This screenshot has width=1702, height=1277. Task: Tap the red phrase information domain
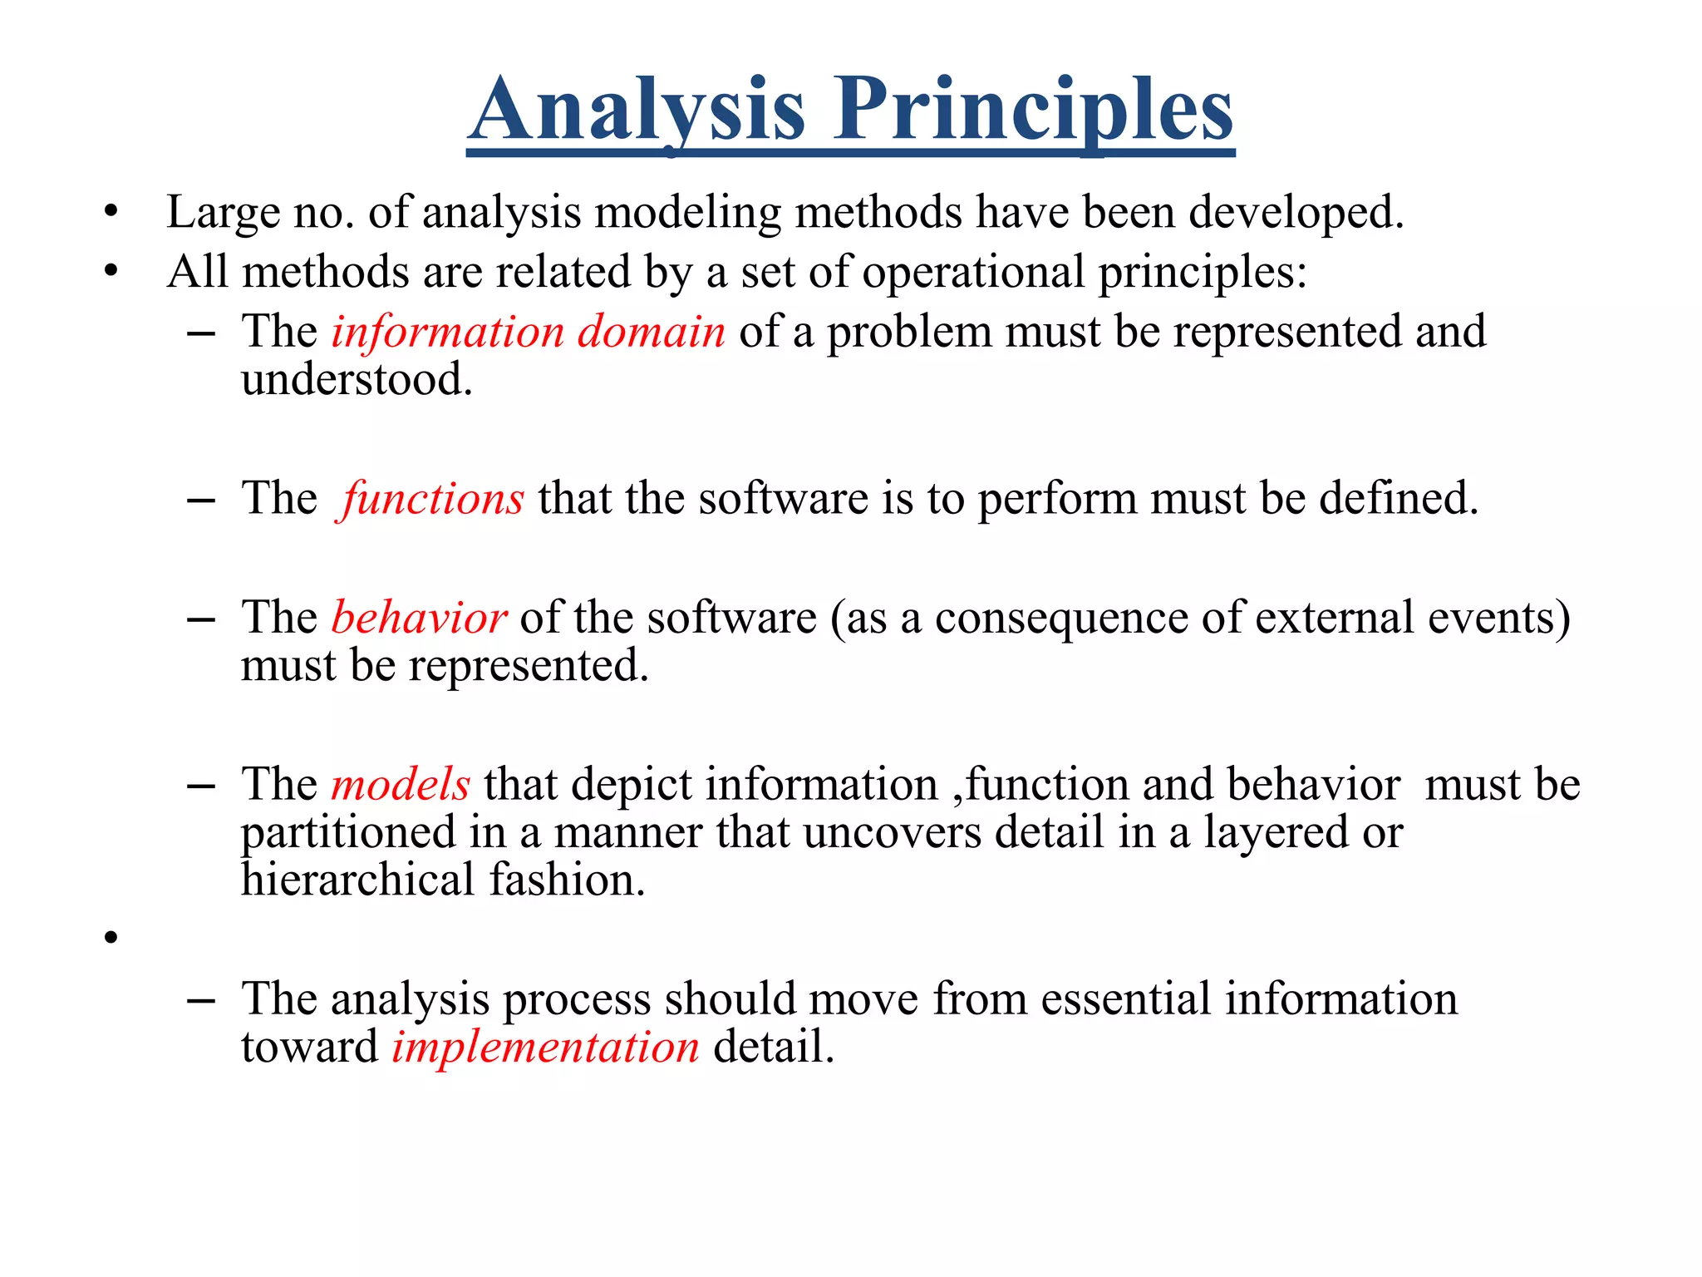coord(529,332)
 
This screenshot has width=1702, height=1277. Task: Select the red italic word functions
coord(432,499)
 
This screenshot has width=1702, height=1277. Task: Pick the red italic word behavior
coord(419,618)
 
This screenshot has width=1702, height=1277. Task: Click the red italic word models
coord(401,785)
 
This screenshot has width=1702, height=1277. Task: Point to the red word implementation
coord(546,1047)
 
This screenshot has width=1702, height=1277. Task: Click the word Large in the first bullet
coord(223,213)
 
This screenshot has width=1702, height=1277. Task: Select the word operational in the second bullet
coord(973,273)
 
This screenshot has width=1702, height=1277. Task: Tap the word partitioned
coord(349,832)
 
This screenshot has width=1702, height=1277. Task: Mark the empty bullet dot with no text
coord(111,938)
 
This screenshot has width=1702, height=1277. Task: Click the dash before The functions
coord(201,500)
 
